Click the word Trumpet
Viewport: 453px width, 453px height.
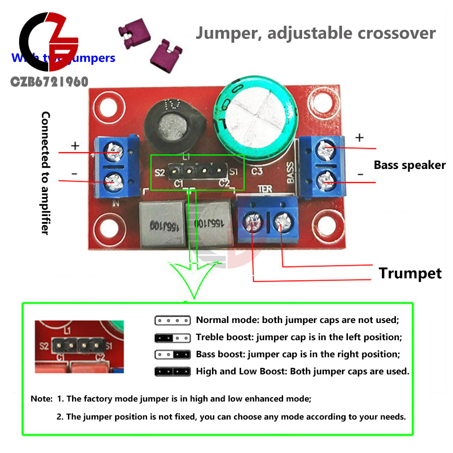(410, 273)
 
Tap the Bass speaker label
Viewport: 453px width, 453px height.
(410, 165)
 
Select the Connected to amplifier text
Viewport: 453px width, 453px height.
(45, 173)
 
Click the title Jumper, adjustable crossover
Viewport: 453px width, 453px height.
(315, 33)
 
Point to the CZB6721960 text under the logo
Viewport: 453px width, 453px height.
(49, 82)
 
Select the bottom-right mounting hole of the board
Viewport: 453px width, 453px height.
(328, 225)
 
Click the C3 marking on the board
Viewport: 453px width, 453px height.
(257, 171)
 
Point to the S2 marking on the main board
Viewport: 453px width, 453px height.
(159, 173)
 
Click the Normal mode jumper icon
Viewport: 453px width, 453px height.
(173, 320)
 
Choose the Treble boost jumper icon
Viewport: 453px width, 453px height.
(173, 337)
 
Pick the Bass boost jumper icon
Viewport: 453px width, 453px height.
(173, 354)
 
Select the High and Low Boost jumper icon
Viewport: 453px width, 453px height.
(173, 371)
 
